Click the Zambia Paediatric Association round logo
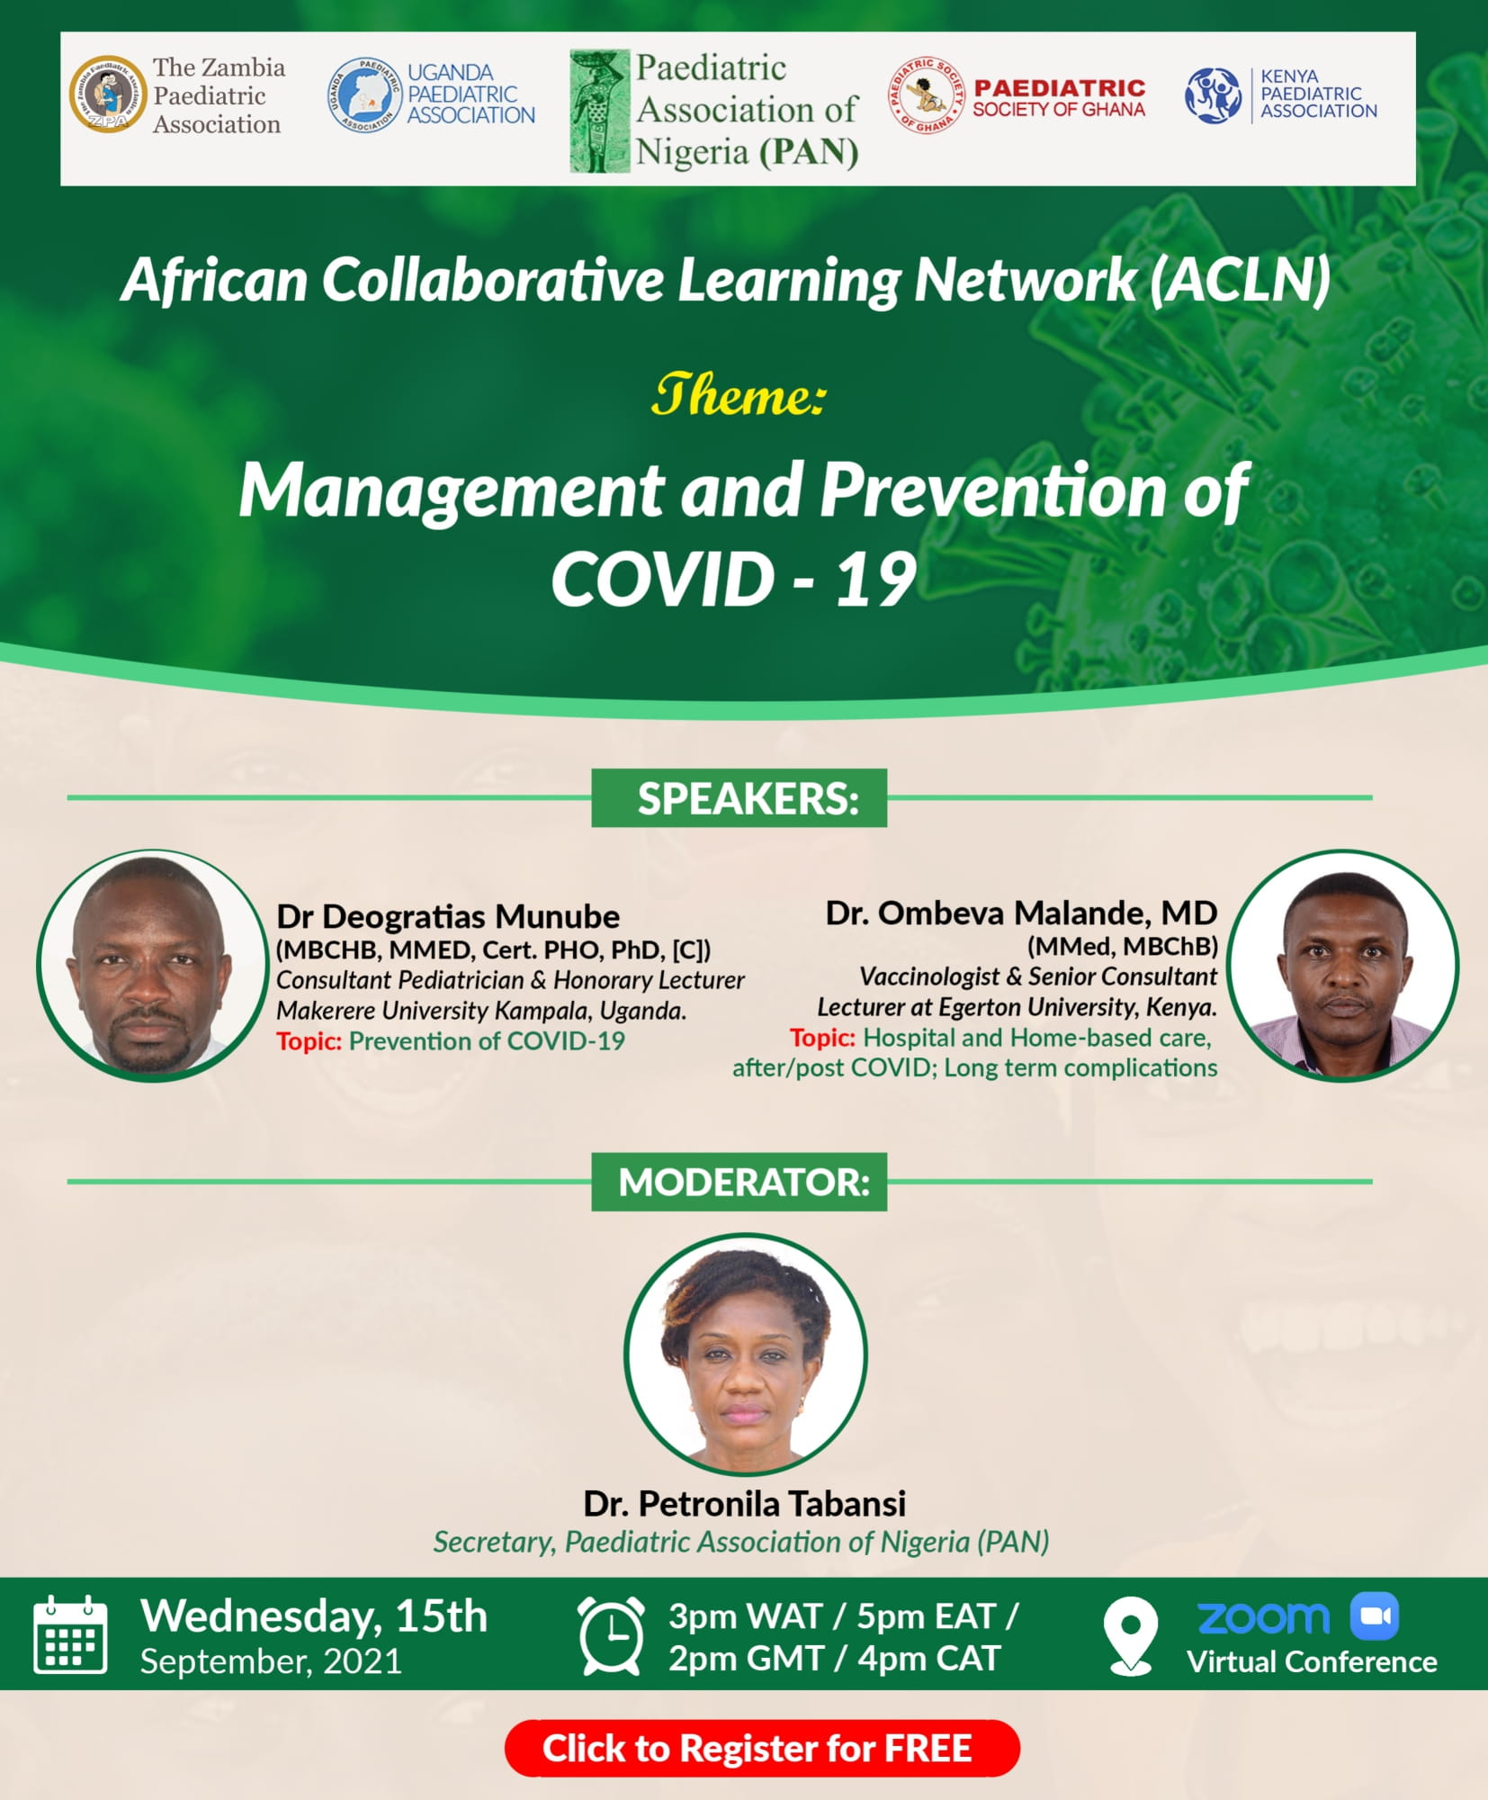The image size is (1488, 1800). pyautogui.click(x=108, y=94)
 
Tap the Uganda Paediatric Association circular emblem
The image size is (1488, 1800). pyautogui.click(x=365, y=94)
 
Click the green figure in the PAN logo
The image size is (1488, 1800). pyautogui.click(x=598, y=111)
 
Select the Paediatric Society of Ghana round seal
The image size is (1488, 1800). pyautogui.click(x=927, y=94)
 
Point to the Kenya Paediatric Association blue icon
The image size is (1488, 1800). pyautogui.click(x=1213, y=95)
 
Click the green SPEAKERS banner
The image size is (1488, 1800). pyautogui.click(x=740, y=798)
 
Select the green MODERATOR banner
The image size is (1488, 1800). pyautogui.click(x=740, y=1182)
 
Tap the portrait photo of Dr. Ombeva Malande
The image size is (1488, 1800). pyautogui.click(x=1342, y=965)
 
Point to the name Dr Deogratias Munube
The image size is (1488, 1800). pyautogui.click(x=447, y=916)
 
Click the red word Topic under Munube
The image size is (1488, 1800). pyautogui.click(x=309, y=1041)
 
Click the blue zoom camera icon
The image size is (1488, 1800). pyautogui.click(x=1374, y=1616)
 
